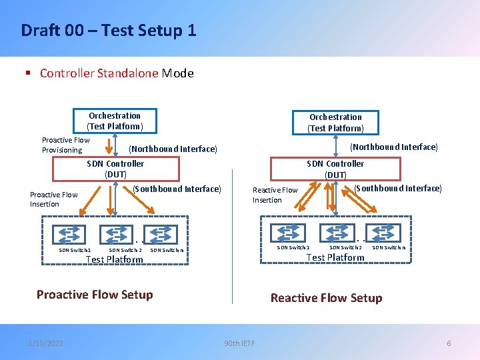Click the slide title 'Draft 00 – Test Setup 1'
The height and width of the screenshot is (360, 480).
(109, 30)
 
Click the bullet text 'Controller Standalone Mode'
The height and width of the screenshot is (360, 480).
(117, 73)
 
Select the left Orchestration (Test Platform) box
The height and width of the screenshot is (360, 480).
(115, 121)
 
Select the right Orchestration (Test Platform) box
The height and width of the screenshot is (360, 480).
(335, 123)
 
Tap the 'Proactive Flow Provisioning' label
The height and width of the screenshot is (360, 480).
(65, 145)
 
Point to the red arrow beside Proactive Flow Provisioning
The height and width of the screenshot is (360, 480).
(108, 145)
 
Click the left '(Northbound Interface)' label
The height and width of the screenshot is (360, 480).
(173, 149)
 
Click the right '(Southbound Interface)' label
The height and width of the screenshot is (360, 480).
(397, 188)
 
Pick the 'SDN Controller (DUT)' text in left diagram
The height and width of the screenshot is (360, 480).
(115, 169)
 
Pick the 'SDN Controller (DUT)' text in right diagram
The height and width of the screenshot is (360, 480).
(335, 169)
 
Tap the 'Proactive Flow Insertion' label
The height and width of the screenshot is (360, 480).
(53, 199)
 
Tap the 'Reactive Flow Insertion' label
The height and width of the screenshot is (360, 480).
(275, 195)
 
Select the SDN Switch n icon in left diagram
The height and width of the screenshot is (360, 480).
(163, 235)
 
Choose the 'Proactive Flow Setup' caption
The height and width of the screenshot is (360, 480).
(95, 295)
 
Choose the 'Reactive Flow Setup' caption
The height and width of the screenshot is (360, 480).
(326, 298)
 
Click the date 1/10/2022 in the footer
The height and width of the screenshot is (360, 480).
(46, 343)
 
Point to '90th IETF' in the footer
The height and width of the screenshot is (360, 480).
(240, 343)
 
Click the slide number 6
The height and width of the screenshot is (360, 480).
(449, 343)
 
